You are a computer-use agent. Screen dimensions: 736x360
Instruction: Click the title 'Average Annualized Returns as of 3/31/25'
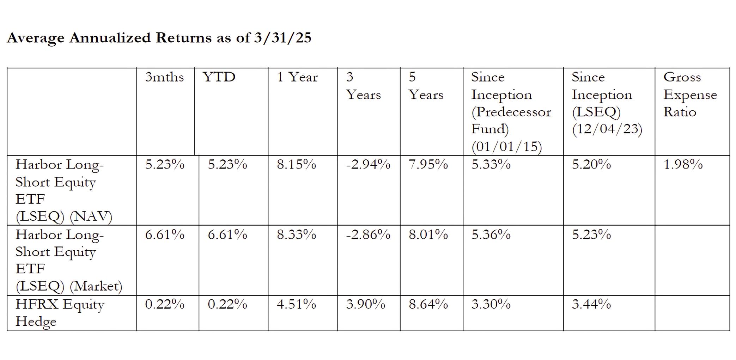pyautogui.click(x=159, y=38)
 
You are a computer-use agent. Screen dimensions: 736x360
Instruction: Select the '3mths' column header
pyautogui.click(x=164, y=77)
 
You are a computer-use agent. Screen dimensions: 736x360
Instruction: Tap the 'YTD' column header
pyautogui.click(x=219, y=77)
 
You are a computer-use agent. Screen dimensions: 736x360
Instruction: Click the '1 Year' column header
pyautogui.click(x=297, y=77)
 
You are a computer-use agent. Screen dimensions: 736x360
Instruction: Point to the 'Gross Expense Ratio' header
pyautogui.click(x=690, y=94)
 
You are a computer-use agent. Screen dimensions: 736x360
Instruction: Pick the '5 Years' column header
pyautogui.click(x=426, y=86)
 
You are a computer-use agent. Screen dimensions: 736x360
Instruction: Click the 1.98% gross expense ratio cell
pyautogui.click(x=683, y=164)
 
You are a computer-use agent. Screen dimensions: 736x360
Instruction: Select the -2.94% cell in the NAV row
pyautogui.click(x=368, y=164)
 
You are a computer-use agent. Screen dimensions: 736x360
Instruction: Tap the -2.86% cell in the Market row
pyautogui.click(x=368, y=234)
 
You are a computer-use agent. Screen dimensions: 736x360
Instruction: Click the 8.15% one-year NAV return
pyautogui.click(x=296, y=164)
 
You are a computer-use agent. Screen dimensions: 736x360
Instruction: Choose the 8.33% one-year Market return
pyautogui.click(x=296, y=234)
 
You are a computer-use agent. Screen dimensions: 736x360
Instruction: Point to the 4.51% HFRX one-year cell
pyautogui.click(x=296, y=304)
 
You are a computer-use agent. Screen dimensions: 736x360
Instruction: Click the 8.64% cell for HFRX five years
pyautogui.click(x=428, y=304)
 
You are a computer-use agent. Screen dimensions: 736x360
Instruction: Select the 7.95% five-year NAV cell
pyautogui.click(x=428, y=164)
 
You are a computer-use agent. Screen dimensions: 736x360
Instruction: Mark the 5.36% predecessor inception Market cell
pyautogui.click(x=491, y=234)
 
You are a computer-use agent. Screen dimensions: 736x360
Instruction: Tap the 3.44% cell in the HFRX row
pyautogui.click(x=591, y=304)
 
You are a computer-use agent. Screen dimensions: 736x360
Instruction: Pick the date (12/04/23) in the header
pyautogui.click(x=607, y=129)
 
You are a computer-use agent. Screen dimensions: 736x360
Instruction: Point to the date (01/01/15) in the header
pyautogui.click(x=506, y=146)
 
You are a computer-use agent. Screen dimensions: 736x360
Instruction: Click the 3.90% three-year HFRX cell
pyautogui.click(x=365, y=304)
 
